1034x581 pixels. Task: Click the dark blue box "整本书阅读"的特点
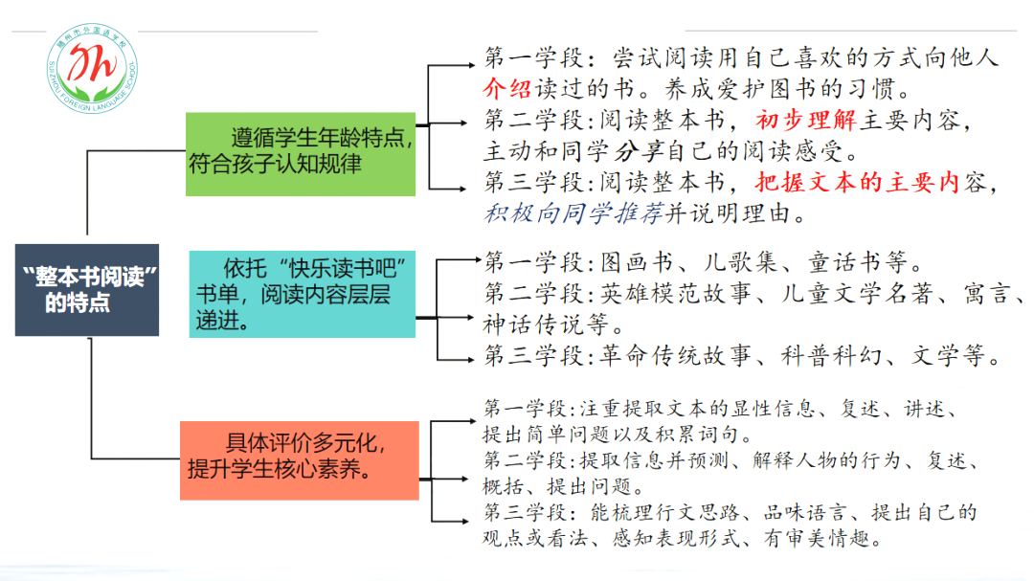[x=86, y=289]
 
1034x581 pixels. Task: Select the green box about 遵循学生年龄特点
[x=300, y=154]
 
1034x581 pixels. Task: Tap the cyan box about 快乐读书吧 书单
[x=302, y=293]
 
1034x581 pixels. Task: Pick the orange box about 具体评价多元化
[x=299, y=459]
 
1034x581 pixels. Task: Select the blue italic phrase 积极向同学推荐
[x=574, y=212]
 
